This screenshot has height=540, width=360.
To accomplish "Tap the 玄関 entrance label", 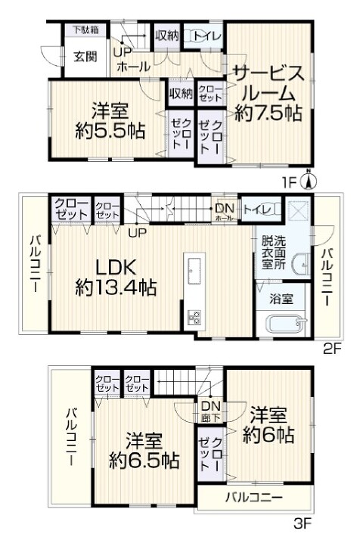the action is coord(85,57).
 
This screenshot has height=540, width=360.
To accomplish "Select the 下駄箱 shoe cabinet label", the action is coord(85,29).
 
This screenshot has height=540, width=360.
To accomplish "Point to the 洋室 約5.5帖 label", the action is coord(110,120).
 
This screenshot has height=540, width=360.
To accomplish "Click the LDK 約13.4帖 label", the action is coord(116,277).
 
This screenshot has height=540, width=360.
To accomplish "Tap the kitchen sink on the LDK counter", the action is coord(194,270).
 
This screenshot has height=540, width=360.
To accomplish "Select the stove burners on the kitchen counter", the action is coord(194,317).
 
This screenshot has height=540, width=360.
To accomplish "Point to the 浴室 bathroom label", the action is coord(281,299).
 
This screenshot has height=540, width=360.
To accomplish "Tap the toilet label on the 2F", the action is coord(255,209).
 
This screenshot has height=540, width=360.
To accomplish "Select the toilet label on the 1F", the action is coord(207,36).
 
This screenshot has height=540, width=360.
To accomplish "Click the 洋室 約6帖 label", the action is coord(268,425).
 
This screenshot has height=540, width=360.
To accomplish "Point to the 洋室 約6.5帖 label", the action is coord(144,451).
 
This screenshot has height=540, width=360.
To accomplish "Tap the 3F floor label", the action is coord(303,524).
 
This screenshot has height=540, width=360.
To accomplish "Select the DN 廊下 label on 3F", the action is coord(211,411).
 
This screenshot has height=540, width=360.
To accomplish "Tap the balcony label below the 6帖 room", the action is coord(254,498).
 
